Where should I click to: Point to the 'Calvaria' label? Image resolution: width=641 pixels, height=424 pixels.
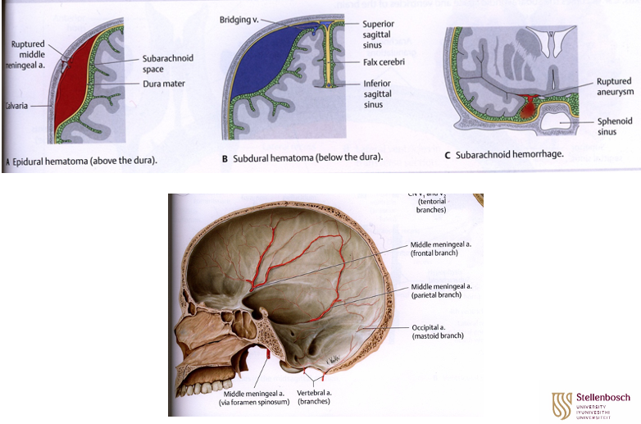click(18, 106)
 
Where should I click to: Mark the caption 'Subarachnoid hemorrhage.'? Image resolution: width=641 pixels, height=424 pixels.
click(516, 155)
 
